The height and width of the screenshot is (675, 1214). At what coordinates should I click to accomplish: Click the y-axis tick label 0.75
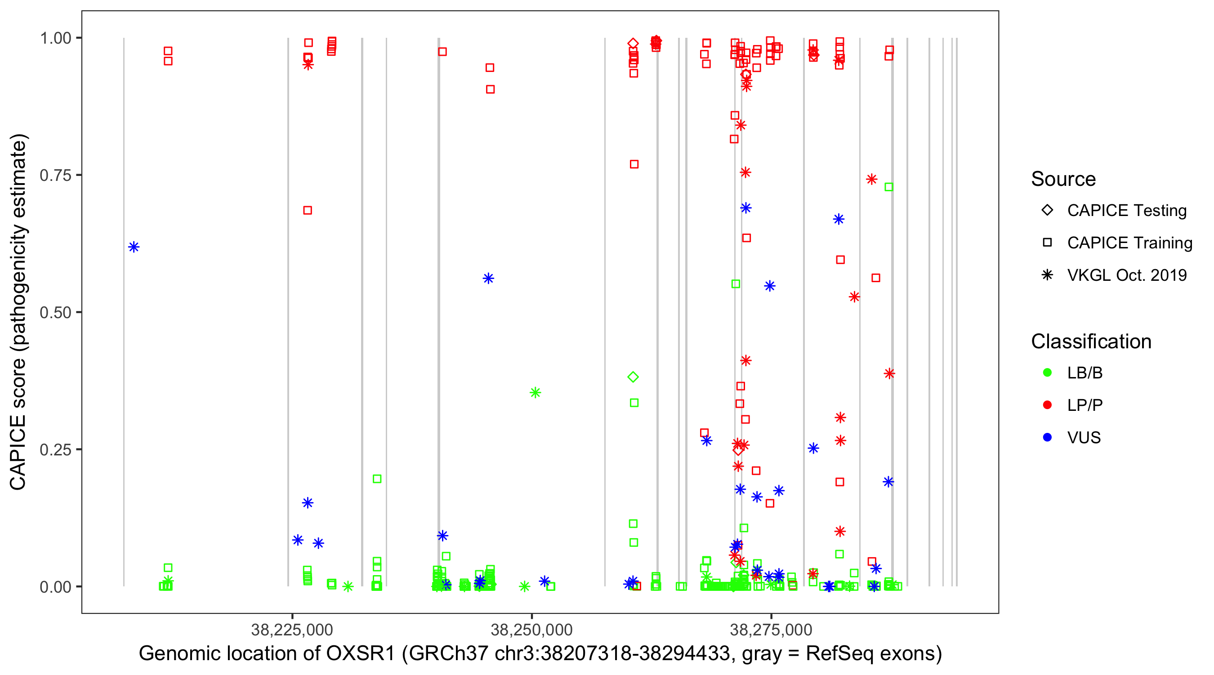point(55,175)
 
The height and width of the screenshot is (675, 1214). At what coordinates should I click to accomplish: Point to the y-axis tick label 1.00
point(55,38)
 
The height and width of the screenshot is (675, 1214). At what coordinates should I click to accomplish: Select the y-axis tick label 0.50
point(55,313)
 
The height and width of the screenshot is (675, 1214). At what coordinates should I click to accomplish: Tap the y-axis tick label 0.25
point(55,450)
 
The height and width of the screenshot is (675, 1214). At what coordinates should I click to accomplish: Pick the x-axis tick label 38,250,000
point(531,630)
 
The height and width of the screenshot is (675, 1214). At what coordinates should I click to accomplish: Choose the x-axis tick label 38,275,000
point(771,630)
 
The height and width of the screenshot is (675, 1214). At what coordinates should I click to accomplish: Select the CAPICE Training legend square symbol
point(1047,243)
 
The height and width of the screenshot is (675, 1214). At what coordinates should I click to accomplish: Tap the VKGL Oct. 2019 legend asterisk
point(1047,275)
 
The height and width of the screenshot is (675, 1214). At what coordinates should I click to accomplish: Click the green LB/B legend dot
point(1047,373)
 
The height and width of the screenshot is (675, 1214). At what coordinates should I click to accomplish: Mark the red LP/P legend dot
point(1047,405)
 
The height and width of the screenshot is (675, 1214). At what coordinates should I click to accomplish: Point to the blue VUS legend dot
point(1047,438)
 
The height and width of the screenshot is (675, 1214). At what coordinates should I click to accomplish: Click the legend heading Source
point(1063,179)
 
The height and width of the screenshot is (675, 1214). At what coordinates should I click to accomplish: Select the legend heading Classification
point(1091,342)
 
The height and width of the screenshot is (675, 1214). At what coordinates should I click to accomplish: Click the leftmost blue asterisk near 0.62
point(134,247)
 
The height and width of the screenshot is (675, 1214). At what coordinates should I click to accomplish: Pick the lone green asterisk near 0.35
point(535,392)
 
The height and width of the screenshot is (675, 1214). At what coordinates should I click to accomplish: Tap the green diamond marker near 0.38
point(633,377)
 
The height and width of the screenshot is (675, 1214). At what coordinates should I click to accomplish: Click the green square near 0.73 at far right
point(889,187)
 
